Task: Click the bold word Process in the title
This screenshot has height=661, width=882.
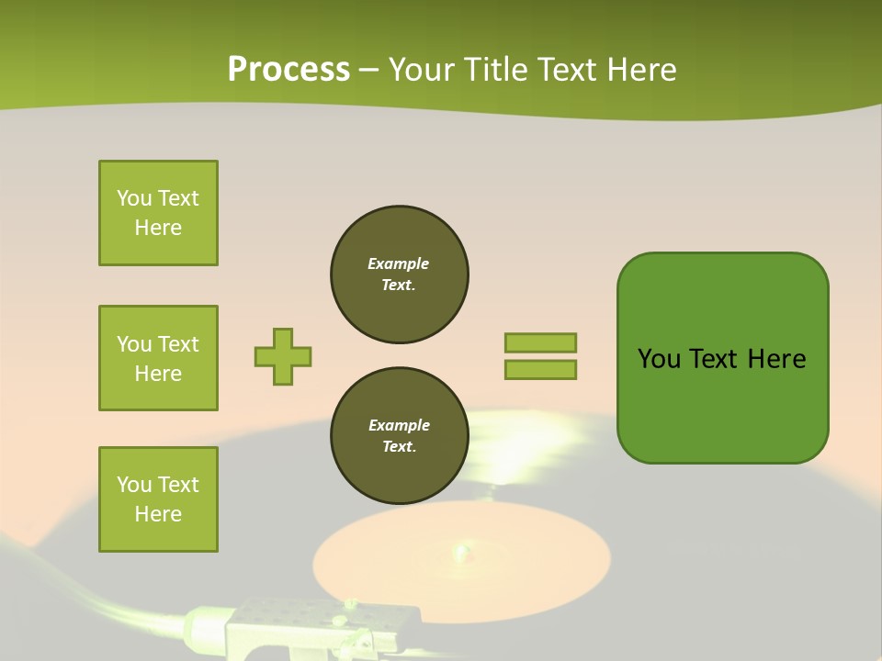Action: (288, 70)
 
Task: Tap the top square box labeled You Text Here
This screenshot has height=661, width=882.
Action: (158, 213)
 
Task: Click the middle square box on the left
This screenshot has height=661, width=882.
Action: (158, 358)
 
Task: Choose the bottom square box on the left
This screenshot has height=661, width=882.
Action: (158, 499)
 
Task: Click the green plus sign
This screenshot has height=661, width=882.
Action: (283, 356)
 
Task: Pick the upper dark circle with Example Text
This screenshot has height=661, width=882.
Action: (400, 274)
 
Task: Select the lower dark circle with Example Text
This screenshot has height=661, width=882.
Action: (400, 435)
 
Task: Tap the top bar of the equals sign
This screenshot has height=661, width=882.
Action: (541, 342)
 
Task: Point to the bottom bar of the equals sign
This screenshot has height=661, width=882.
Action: (541, 370)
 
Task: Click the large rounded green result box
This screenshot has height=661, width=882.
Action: (722, 358)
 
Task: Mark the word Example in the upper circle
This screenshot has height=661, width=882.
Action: (399, 263)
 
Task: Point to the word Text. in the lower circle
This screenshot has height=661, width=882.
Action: (399, 447)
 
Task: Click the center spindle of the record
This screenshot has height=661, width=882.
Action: (460, 551)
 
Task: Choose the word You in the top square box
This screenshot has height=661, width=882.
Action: (134, 198)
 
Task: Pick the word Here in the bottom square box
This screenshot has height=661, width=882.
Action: (158, 514)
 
